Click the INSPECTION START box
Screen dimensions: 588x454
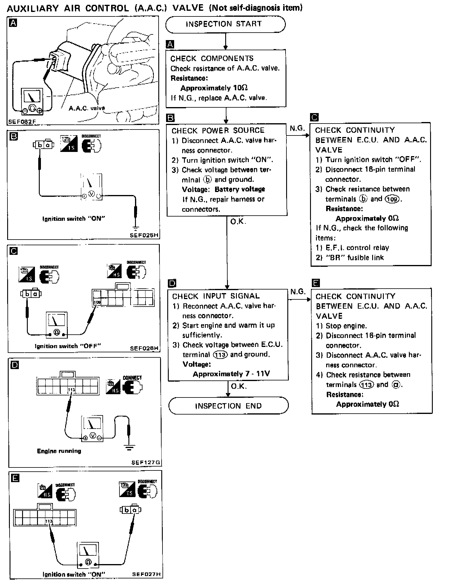pyautogui.click(x=225, y=24)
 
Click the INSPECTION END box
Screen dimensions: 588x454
pyautogui.click(x=228, y=406)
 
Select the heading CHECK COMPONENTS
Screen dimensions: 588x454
pyautogui.click(x=212, y=58)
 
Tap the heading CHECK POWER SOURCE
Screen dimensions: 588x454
pyautogui.click(x=218, y=131)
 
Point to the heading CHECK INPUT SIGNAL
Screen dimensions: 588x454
pyautogui.click(x=216, y=296)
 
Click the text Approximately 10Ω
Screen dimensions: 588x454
pyautogui.click(x=214, y=88)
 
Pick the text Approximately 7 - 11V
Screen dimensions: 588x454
pyautogui.click(x=231, y=374)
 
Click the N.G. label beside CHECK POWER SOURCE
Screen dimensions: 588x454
pyautogui.click(x=297, y=129)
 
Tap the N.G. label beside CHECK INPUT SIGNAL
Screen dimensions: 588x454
pyautogui.click(x=298, y=292)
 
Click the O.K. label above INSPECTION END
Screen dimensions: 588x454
pyautogui.click(x=239, y=386)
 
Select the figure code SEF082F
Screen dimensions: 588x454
pyautogui.click(x=22, y=122)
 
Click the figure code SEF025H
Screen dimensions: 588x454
pyautogui.click(x=144, y=235)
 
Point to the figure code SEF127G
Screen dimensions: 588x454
pyautogui.click(x=145, y=462)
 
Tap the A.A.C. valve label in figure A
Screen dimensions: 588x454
pyautogui.click(x=87, y=108)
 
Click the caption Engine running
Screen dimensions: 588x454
pyautogui.click(x=59, y=451)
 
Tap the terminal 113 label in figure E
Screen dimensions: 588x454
pyautogui.click(x=49, y=521)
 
